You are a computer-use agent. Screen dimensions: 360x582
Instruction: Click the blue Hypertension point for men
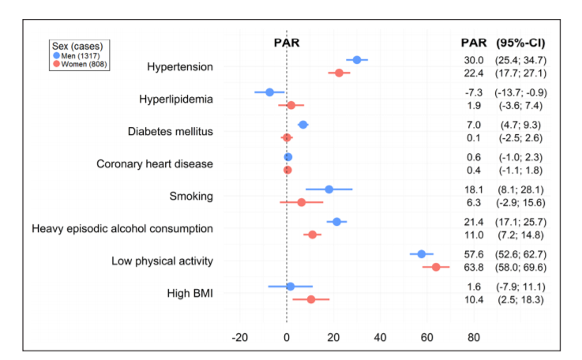click(x=357, y=60)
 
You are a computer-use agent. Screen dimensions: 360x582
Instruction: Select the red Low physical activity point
click(x=436, y=267)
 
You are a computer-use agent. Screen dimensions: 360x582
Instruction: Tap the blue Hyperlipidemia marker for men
click(x=269, y=92)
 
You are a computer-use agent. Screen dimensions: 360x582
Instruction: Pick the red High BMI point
click(x=311, y=299)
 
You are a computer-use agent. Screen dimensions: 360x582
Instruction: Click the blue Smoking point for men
click(x=329, y=189)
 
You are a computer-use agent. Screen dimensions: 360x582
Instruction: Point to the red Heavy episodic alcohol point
click(x=312, y=234)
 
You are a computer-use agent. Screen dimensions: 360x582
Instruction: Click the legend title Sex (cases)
click(x=77, y=46)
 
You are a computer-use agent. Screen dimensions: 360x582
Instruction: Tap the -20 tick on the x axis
click(x=239, y=337)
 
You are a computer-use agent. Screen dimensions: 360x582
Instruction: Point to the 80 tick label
click(x=473, y=337)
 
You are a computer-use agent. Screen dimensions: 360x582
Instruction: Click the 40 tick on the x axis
click(x=380, y=337)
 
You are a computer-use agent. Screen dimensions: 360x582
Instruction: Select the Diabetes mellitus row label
click(x=171, y=131)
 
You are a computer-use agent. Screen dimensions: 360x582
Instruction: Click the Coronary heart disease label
click(x=155, y=164)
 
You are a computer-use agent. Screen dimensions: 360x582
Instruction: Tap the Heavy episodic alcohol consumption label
click(x=122, y=229)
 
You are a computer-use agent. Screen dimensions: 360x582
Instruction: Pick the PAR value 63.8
click(x=474, y=268)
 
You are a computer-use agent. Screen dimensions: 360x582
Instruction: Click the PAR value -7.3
click(x=474, y=92)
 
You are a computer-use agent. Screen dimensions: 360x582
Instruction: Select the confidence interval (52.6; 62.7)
click(x=519, y=254)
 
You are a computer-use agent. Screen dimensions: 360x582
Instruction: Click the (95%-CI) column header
click(x=520, y=43)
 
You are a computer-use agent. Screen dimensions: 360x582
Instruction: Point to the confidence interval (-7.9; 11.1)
click(x=519, y=287)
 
